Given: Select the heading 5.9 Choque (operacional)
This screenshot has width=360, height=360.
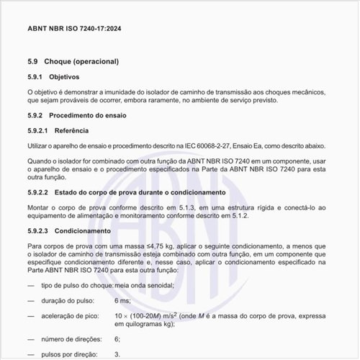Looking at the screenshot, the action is pos(72,61).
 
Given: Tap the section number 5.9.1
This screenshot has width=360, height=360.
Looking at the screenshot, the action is pos(36,77).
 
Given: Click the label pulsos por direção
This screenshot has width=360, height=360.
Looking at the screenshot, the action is pos(71,354).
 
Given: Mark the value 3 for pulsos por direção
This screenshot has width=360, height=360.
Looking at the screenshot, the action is pos(117,354).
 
